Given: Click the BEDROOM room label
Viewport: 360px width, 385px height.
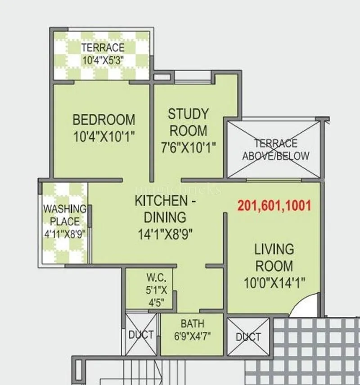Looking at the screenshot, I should click(103, 120).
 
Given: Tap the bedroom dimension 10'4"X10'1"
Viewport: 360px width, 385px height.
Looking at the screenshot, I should click(104, 136).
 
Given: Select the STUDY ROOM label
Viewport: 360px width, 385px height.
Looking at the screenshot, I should click(188, 122).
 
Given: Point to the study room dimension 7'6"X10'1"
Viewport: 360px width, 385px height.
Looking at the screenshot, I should click(188, 147).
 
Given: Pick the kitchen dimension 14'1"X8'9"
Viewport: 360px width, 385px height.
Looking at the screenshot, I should click(166, 233).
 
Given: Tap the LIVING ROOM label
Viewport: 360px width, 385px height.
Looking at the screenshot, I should click(274, 257).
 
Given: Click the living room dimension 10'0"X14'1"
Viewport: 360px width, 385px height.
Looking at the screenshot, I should click(274, 282).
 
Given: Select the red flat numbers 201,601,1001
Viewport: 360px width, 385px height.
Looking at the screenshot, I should click(274, 206).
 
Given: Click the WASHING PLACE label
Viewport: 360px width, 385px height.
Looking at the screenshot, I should click(65, 215).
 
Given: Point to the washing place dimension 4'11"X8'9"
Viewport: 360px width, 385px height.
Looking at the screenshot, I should click(65, 234).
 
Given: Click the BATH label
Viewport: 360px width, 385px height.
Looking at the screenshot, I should click(192, 323).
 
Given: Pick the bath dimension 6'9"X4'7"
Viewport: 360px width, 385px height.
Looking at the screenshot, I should click(193, 335).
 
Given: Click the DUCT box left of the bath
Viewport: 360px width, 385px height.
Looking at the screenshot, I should click(141, 335).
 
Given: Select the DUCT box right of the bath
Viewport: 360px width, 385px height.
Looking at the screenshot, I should click(248, 337).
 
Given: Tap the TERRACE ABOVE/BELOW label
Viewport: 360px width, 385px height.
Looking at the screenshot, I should click(276, 149).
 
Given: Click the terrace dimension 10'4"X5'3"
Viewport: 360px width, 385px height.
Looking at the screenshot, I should click(103, 59).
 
